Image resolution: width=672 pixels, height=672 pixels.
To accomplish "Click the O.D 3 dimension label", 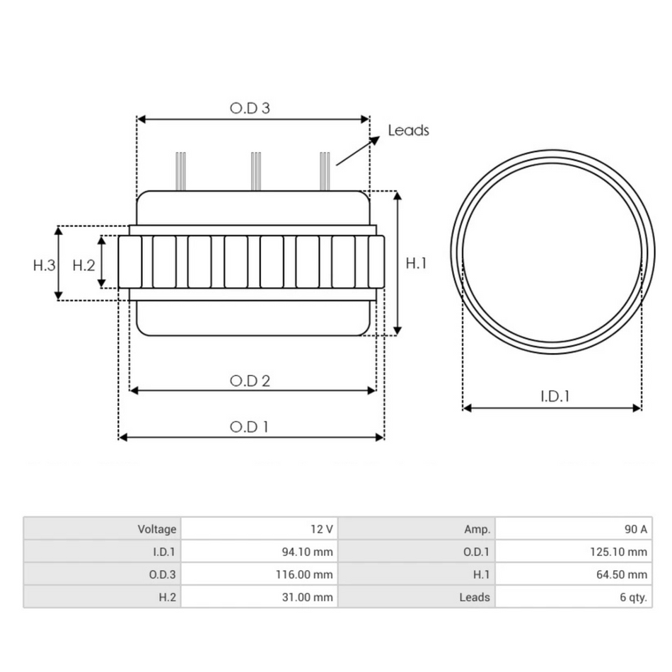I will tap(250, 108).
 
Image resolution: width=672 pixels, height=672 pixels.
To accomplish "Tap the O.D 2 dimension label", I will tap(250, 381).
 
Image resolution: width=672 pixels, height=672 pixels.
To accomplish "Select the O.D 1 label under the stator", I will tap(249, 427).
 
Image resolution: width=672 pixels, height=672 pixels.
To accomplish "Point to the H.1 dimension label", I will tap(417, 263).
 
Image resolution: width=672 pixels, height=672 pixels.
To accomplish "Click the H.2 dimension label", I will tap(83, 265).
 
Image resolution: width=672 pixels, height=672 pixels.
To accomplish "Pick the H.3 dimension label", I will tap(44, 265).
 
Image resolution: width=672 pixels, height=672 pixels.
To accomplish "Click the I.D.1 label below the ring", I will tap(555, 396).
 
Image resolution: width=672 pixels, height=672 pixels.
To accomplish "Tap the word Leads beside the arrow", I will tap(408, 130).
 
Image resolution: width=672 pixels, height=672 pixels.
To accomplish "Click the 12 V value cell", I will tap(321, 529).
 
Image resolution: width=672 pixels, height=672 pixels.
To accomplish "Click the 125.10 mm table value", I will tap(619, 552).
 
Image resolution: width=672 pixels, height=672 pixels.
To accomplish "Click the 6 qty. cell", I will tap(633, 597).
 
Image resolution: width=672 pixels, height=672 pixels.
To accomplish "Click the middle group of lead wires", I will tap(256, 171).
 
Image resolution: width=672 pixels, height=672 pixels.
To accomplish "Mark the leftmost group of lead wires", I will tap(181, 171).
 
